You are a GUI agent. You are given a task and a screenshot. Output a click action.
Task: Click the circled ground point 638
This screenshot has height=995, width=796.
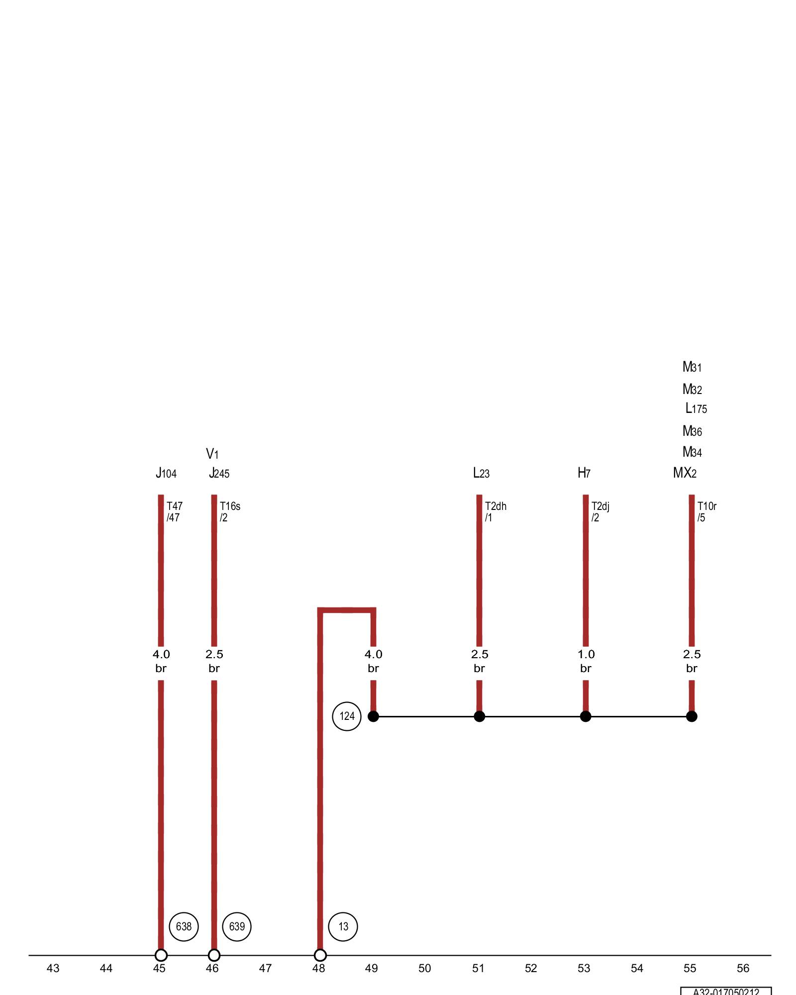(x=184, y=926)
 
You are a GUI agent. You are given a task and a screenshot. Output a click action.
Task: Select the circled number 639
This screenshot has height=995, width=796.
(x=237, y=926)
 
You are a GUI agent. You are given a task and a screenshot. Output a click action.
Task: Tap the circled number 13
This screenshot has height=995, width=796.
(x=343, y=926)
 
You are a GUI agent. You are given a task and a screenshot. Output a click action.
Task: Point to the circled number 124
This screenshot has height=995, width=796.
(x=347, y=716)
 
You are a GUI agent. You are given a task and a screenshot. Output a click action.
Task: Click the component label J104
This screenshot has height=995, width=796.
(x=166, y=473)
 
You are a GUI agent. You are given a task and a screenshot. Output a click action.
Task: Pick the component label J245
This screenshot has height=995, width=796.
(x=219, y=473)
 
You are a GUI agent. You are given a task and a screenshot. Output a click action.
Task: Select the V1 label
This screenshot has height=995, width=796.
(x=212, y=454)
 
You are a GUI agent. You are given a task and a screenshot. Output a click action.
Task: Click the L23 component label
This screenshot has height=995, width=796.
(x=481, y=473)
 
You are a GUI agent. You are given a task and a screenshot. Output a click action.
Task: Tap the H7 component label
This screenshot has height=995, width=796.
(x=584, y=473)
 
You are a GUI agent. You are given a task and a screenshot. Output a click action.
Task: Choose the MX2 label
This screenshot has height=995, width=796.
(x=685, y=473)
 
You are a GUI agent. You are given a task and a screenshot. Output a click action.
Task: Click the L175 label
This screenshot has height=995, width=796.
(x=696, y=409)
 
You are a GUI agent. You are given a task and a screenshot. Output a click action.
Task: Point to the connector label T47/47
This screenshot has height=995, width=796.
(x=174, y=512)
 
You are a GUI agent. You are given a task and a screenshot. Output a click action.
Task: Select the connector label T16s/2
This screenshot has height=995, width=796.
(x=230, y=512)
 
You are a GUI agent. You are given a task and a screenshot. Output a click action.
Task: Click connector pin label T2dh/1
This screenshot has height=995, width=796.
(x=496, y=512)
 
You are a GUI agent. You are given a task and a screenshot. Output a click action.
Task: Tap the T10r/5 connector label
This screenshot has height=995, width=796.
(x=706, y=512)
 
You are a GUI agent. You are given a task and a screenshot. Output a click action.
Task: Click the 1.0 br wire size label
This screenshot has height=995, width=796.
(x=586, y=661)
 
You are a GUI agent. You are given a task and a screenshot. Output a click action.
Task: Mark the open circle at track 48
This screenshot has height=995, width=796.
(x=320, y=955)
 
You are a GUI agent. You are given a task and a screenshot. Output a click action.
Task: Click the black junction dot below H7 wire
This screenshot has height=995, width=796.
(x=586, y=716)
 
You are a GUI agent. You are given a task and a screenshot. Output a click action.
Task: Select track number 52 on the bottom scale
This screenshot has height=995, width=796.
(x=531, y=968)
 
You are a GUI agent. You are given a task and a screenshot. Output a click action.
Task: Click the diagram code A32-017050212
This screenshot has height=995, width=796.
(x=726, y=992)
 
